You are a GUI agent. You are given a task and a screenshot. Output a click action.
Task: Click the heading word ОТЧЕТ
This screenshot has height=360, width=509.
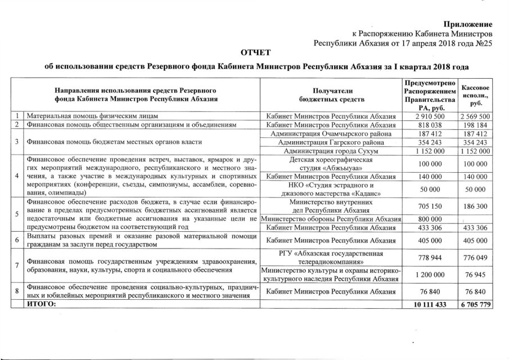pyautogui.click(x=256, y=53)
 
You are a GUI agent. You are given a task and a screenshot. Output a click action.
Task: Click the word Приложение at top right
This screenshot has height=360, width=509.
pyautogui.click(x=468, y=24)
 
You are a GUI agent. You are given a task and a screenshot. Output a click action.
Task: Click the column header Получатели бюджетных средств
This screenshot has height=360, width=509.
pyautogui.click(x=331, y=94)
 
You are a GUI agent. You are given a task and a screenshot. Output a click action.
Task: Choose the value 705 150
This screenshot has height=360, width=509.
pyautogui.click(x=431, y=206)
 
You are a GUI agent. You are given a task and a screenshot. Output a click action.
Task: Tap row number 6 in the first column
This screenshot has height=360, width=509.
pyautogui.click(x=17, y=240)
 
